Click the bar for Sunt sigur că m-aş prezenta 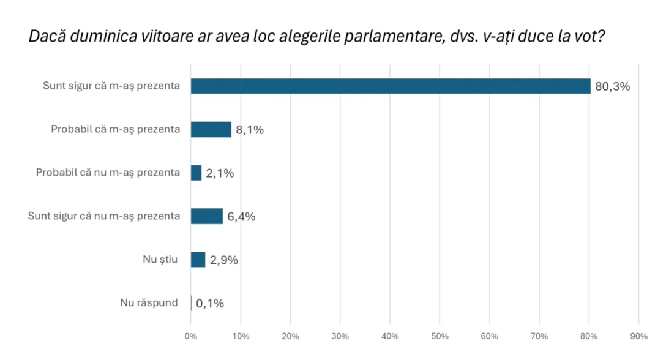[x=391, y=86]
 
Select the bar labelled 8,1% [x=211, y=129]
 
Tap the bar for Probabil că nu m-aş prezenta [x=196, y=173]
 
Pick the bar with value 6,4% [x=207, y=216]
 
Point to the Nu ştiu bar [x=198, y=260]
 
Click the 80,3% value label [x=612, y=86]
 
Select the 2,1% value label [x=220, y=173]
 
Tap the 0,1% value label [x=210, y=303]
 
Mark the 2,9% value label [x=223, y=260]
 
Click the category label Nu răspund [x=149, y=302]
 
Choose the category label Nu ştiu [x=160, y=260]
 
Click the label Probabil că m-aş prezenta [x=115, y=129]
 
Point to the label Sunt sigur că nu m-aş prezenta [x=104, y=216]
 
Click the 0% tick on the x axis [x=190, y=336]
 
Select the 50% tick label [x=440, y=336]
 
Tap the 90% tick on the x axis [x=638, y=336]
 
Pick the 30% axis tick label [x=340, y=336]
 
